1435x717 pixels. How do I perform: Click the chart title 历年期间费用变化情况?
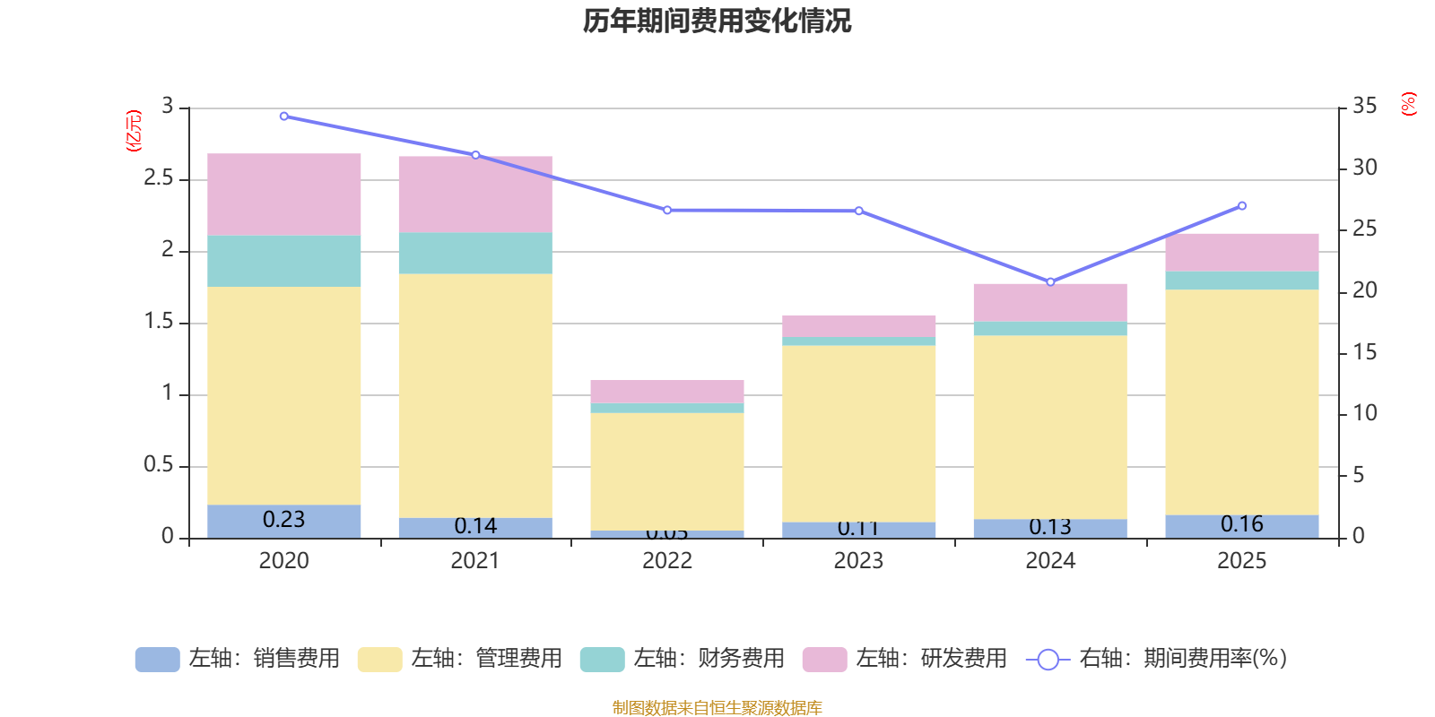[x=717, y=21]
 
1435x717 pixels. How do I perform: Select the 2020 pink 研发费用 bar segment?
[x=284, y=194]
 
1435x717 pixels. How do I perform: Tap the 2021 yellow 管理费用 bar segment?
[x=475, y=395]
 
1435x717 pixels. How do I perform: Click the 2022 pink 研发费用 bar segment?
[x=667, y=392]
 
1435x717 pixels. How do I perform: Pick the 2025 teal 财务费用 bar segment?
[x=1242, y=281]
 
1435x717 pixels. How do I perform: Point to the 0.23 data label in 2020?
[x=284, y=520]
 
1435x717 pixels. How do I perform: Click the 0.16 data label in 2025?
[x=1242, y=524]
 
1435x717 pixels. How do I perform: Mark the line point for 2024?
[x=1050, y=281]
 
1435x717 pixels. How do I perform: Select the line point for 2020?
[x=284, y=116]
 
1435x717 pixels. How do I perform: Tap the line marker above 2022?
[x=667, y=211]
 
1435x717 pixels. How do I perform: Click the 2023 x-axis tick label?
[x=858, y=561]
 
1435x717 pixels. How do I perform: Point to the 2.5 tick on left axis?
[x=158, y=178]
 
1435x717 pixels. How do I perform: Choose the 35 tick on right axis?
[x=1365, y=107]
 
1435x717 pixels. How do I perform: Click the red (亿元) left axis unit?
[x=135, y=131]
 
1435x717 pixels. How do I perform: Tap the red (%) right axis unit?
[x=1409, y=104]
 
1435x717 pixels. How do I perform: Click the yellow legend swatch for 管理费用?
[x=379, y=660]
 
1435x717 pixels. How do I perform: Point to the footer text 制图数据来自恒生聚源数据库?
[x=717, y=708]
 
